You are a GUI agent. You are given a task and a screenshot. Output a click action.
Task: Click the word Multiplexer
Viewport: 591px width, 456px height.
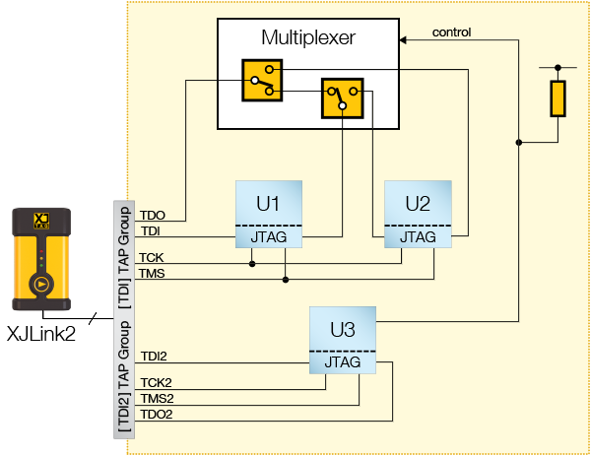[307, 38]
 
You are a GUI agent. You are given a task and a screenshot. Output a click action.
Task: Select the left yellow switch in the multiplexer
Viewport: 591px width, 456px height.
[261, 80]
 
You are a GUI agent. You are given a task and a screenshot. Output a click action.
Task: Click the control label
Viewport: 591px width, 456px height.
[451, 32]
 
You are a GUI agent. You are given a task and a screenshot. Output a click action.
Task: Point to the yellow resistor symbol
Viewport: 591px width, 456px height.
[558, 98]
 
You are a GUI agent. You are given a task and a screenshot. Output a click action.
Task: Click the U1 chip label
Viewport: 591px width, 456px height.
[268, 204]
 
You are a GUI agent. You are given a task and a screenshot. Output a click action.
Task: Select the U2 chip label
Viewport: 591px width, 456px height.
[418, 204]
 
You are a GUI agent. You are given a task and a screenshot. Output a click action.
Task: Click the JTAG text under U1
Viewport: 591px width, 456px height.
[268, 237]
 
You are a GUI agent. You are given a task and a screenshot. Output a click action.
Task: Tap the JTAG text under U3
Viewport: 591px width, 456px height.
[343, 362]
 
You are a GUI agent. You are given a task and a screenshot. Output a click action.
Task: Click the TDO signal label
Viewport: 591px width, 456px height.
[153, 215]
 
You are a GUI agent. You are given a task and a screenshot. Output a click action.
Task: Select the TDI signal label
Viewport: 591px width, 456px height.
[151, 230]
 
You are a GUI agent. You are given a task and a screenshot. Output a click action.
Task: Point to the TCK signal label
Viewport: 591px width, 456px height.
[152, 257]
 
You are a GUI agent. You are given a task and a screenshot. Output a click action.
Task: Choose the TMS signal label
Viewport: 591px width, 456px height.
[153, 273]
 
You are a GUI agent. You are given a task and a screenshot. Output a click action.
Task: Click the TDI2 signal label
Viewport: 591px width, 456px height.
[155, 357]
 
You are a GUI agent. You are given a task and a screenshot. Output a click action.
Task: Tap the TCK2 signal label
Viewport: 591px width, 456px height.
[156, 381]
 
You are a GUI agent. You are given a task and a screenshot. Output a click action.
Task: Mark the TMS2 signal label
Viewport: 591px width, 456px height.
[157, 397]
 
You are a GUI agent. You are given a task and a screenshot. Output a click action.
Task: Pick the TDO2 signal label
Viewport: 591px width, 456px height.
[157, 414]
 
